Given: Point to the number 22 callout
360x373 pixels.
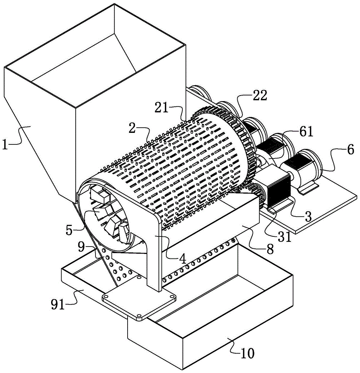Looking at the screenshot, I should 259,96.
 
